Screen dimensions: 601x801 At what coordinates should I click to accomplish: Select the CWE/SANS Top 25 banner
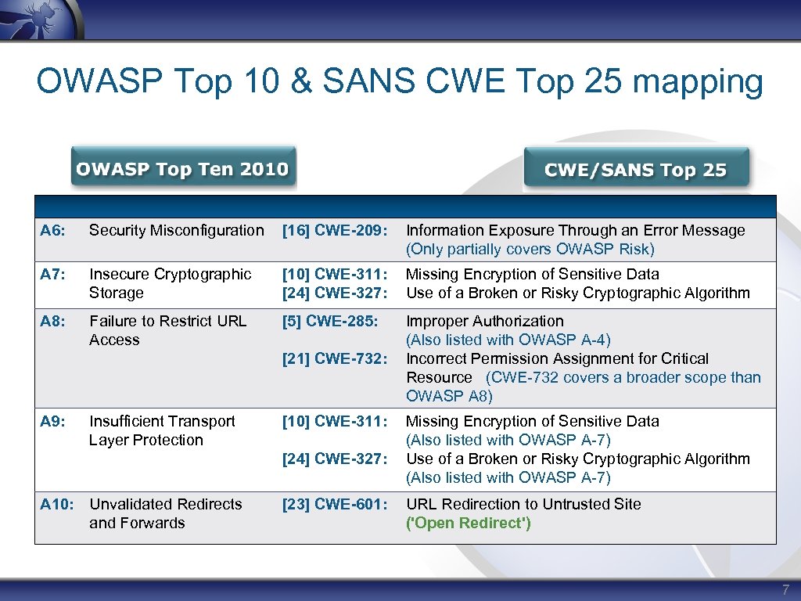[x=635, y=170]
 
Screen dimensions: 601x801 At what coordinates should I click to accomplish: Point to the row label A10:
[x=56, y=504]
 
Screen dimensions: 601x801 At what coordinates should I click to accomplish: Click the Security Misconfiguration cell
[x=176, y=230]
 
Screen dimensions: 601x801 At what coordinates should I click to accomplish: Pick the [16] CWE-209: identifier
[x=335, y=230]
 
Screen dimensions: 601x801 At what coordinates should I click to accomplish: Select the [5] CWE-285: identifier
[x=330, y=321]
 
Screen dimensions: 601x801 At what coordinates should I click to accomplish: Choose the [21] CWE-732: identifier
[x=335, y=358]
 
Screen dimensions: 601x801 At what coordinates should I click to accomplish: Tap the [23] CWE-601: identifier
[x=335, y=504]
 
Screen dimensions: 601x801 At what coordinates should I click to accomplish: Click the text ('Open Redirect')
[x=468, y=523]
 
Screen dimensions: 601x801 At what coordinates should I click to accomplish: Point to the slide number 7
[x=786, y=589]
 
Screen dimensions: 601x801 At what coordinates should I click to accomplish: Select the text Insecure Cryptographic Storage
[x=170, y=283]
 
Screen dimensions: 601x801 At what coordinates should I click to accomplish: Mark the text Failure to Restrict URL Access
[x=167, y=330]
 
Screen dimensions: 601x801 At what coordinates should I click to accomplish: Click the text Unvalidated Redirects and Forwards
[x=165, y=513]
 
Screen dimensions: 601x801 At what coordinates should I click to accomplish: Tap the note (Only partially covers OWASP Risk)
[x=530, y=249]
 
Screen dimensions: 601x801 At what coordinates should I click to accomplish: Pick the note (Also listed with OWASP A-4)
[x=508, y=340]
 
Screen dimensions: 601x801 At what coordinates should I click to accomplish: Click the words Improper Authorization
[x=484, y=321]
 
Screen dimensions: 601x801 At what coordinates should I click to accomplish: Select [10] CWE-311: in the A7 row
[x=335, y=274]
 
